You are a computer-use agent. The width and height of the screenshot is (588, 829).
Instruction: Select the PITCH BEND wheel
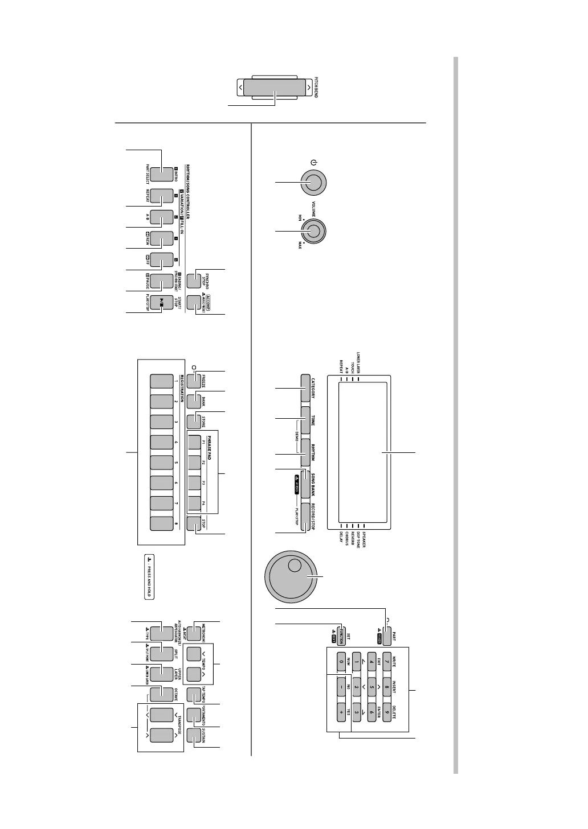point(273,88)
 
